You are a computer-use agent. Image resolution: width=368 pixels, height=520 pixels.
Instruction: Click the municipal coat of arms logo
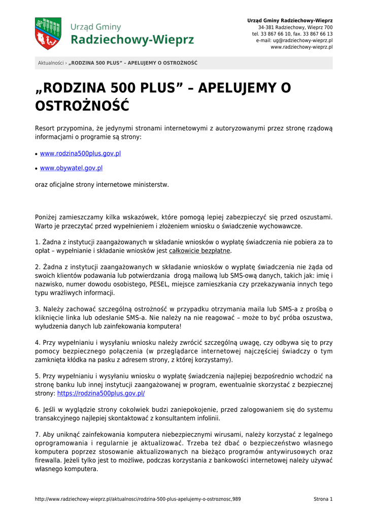(48, 34)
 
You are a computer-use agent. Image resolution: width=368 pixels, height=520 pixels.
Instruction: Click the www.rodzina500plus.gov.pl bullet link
(80, 153)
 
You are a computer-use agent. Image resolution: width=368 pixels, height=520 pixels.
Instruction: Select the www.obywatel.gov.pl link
(71, 168)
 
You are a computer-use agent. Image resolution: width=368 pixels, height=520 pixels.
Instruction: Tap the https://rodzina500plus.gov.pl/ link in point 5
(101, 393)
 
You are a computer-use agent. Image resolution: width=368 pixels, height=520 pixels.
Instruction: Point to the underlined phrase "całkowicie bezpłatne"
(200, 251)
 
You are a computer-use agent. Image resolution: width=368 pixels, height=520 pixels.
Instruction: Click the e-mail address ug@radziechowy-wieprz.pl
(302, 40)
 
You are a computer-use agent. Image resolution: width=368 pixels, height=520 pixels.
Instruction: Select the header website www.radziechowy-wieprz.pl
(302, 47)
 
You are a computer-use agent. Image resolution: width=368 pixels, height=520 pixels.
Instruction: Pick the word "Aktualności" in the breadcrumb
(51, 63)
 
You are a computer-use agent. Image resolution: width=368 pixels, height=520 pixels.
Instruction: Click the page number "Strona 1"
(323, 499)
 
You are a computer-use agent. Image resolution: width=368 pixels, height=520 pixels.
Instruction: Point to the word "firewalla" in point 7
(50, 461)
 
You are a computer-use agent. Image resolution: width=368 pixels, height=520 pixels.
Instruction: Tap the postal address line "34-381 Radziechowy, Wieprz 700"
(295, 27)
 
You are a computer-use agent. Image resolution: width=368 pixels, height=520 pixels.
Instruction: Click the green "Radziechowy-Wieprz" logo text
(132, 40)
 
